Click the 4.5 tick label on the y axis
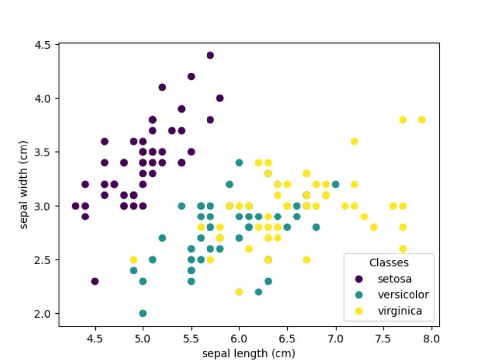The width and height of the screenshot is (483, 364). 43,45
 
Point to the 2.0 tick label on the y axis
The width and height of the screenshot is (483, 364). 43,313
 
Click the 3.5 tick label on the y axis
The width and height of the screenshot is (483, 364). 43,152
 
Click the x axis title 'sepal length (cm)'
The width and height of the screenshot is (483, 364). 249,353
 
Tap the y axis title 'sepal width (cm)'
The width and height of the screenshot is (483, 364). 24,185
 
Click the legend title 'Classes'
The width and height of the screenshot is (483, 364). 389,262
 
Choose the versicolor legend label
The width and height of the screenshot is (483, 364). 403,295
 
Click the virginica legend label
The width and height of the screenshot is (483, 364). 400,311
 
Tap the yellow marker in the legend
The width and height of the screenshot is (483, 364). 360,311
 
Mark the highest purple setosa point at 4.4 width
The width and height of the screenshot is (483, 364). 210,55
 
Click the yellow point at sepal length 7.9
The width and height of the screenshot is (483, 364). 422,120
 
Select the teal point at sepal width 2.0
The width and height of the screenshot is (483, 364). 143,313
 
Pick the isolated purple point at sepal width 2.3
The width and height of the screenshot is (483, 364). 95,281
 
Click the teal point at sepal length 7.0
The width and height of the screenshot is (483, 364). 336,184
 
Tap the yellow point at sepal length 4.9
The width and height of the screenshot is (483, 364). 133,260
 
